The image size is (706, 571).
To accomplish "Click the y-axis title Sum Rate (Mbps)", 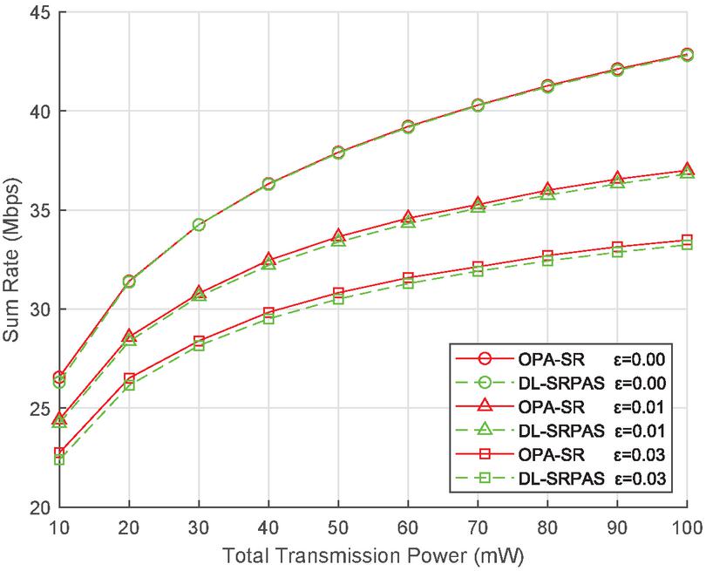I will pyautogui.click(x=15, y=260).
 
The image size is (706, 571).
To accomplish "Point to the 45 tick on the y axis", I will pyautogui.click(x=38, y=13).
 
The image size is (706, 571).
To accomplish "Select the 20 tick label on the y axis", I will pyautogui.click(x=38, y=507).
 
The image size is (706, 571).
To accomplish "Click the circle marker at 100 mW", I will pyautogui.click(x=687, y=54).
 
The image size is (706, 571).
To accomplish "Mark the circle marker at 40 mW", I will pyautogui.click(x=268, y=184).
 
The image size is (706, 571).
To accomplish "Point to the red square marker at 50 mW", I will pyautogui.click(x=338, y=293).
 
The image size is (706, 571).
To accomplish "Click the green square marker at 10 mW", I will pyautogui.click(x=59, y=459).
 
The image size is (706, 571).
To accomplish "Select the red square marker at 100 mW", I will pyautogui.click(x=687, y=241).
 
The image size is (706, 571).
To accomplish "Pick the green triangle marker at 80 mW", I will pyautogui.click(x=547, y=194).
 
